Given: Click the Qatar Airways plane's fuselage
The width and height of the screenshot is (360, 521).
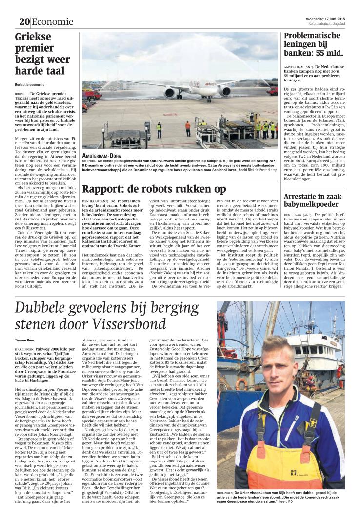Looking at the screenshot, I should coord(195,86).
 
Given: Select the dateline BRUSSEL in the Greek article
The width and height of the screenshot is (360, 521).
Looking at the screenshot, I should coord(22,92).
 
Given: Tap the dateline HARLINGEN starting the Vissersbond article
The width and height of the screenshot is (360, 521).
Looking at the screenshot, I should coord(25,349).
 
